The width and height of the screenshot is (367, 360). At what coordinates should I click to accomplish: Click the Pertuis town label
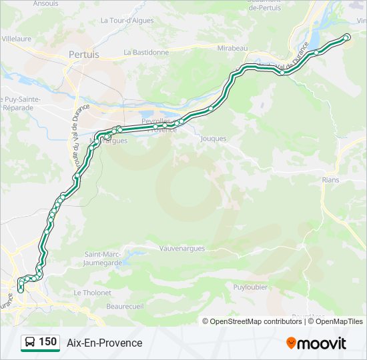click(84, 55)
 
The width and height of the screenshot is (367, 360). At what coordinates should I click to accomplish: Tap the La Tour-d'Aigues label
click(127, 21)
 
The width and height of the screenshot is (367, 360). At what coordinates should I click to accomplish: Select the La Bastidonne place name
click(146, 52)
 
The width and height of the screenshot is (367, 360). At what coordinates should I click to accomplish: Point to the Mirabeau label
click(233, 49)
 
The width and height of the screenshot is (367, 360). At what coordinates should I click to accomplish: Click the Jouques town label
click(214, 139)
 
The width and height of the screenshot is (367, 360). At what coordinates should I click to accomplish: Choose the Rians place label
click(330, 180)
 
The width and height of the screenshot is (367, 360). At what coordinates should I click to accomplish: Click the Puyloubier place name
click(251, 287)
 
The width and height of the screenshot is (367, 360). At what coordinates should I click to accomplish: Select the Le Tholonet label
click(93, 293)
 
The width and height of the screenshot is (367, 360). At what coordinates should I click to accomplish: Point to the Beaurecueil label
click(125, 307)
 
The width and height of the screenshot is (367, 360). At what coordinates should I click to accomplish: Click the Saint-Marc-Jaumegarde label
click(103, 258)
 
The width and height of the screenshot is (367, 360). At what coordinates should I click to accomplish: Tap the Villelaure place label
click(17, 39)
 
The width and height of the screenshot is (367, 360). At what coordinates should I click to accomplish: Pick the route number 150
click(47, 342)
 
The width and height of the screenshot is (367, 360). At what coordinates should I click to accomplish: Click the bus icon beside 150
click(30, 343)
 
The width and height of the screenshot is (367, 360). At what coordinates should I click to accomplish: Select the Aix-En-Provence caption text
click(104, 343)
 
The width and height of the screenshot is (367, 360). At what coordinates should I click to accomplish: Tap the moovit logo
click(316, 343)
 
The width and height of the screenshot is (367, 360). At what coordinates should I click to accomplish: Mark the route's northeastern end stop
click(346, 37)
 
